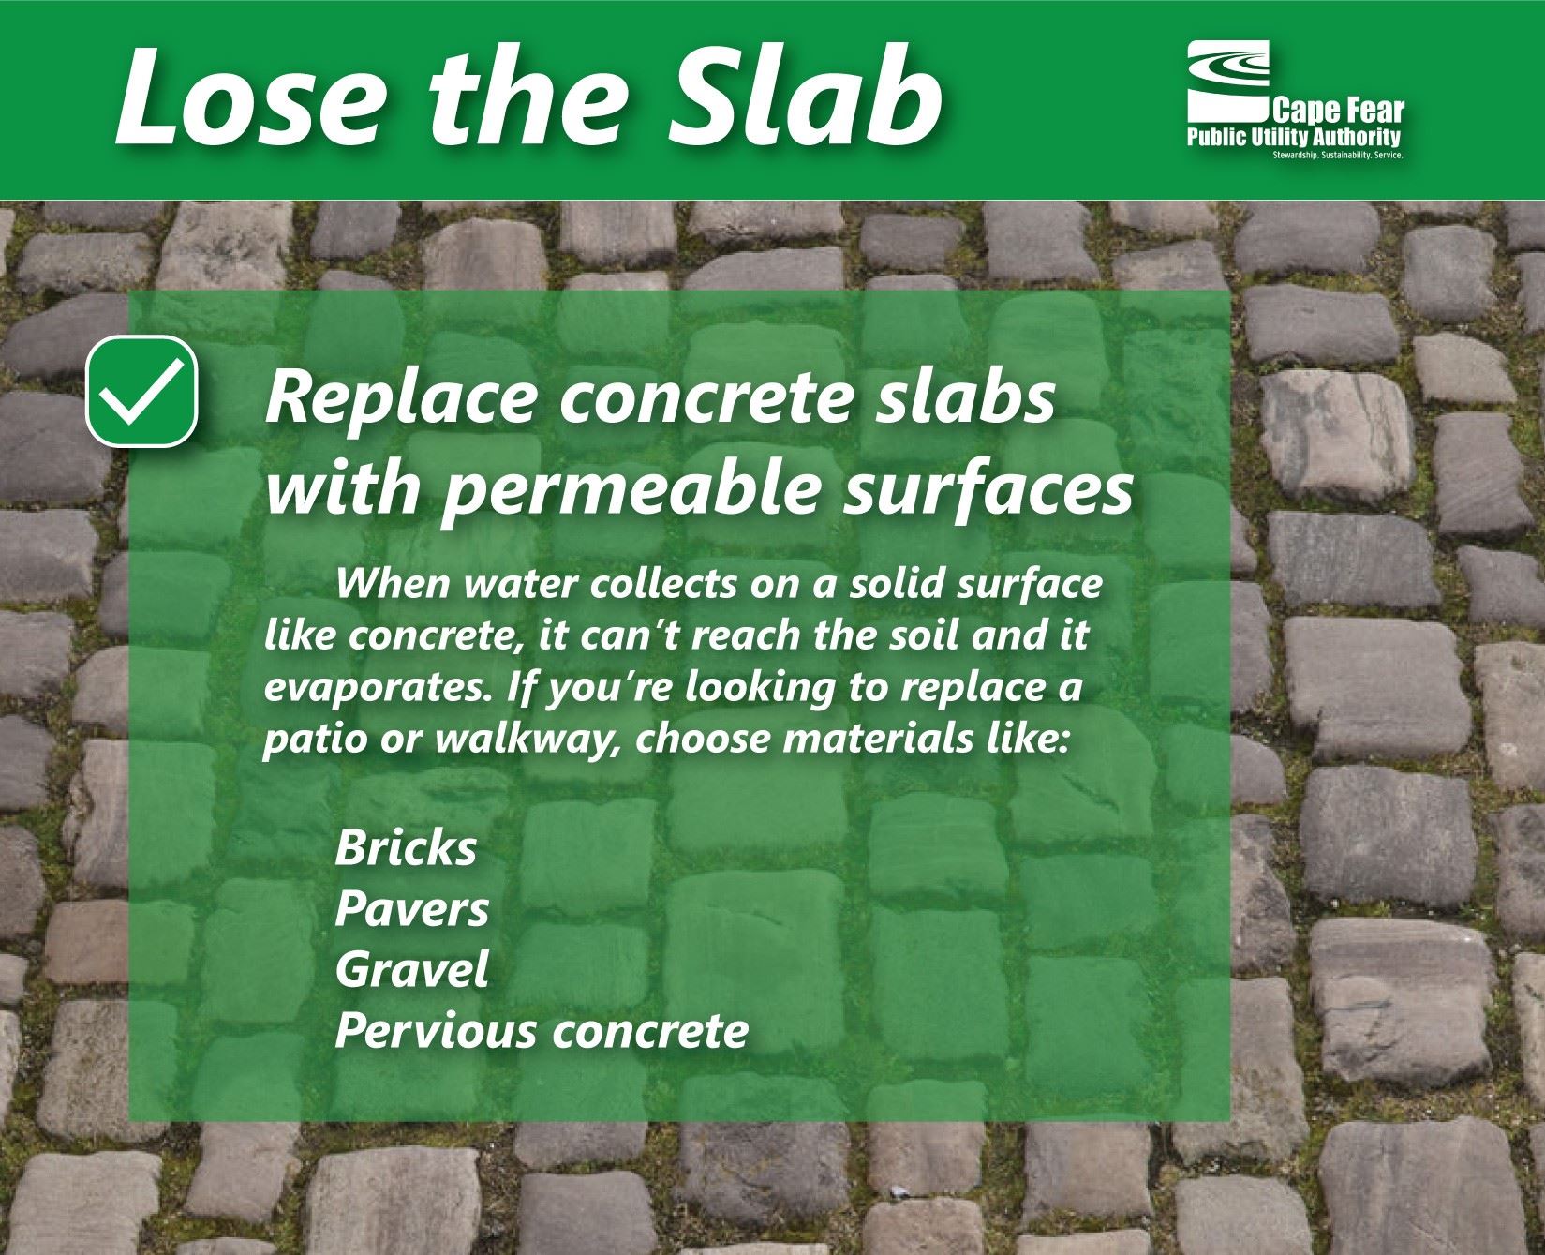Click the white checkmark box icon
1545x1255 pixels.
tap(142, 392)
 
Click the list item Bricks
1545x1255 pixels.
tap(406, 849)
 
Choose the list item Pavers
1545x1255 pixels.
tap(411, 909)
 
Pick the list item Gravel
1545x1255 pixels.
tap(411, 970)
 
